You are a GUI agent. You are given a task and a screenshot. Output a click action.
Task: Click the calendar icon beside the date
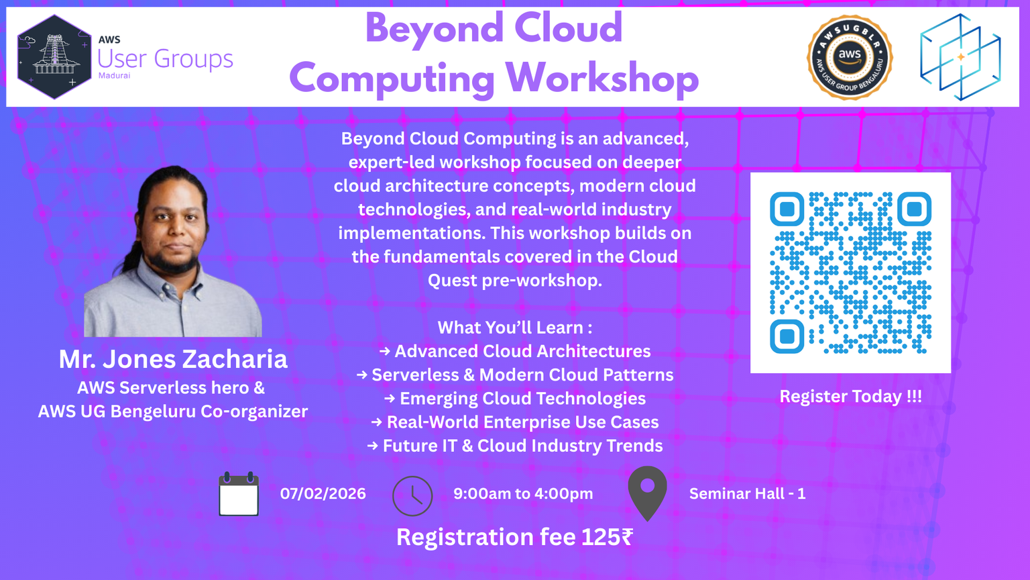(239, 494)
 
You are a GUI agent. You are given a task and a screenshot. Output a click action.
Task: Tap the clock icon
(412, 496)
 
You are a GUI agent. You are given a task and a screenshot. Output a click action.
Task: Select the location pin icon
(647, 493)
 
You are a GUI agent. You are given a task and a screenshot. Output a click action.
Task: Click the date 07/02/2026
(323, 494)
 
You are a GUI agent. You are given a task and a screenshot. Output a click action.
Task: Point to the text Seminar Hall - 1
(747, 494)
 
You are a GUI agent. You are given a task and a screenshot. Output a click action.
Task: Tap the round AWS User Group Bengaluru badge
(850, 57)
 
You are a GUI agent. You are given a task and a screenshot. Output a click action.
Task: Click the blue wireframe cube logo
(960, 57)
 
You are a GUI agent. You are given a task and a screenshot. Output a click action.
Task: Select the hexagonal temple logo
(54, 57)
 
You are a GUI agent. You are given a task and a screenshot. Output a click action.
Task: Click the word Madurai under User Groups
(115, 75)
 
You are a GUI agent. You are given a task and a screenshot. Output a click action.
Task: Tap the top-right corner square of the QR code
(914, 209)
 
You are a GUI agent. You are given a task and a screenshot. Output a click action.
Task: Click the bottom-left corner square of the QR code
(787, 336)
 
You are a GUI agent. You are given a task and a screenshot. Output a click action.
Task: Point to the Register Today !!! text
(851, 396)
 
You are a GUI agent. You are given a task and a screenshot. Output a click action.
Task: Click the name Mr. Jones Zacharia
(173, 359)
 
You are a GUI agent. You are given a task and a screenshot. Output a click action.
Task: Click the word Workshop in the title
(602, 79)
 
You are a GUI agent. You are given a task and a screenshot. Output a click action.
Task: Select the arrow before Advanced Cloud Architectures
(385, 351)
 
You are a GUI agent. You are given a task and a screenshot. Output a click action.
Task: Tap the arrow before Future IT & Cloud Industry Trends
(373, 446)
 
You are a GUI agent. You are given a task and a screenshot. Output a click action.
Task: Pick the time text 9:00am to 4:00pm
(523, 494)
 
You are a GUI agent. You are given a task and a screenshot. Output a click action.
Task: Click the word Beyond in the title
(435, 30)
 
